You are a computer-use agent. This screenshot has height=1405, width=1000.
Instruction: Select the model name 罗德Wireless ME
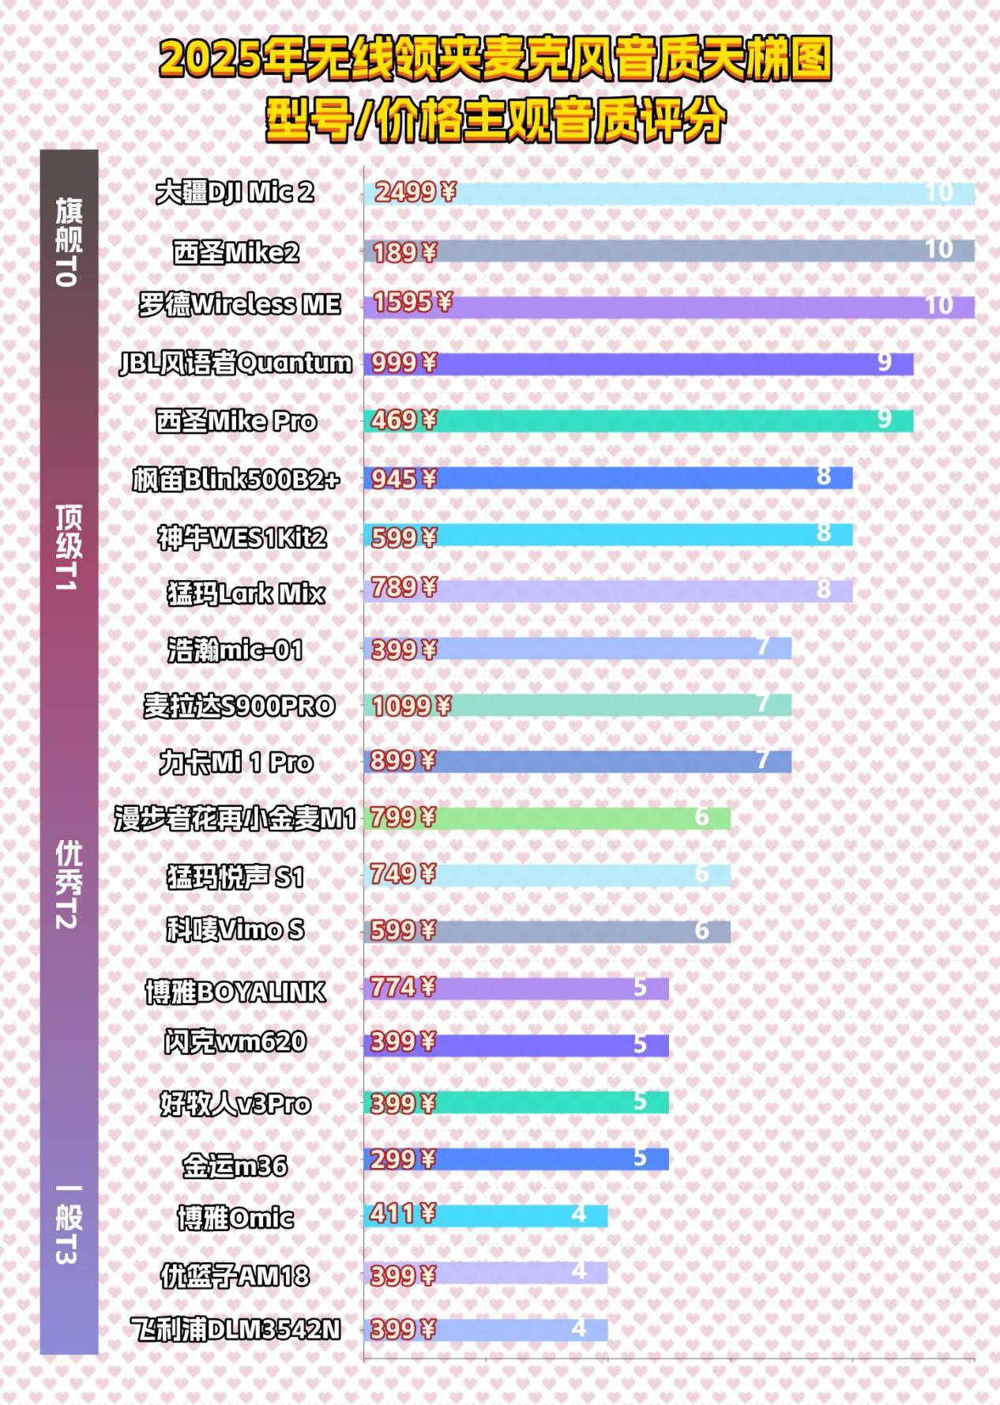(239, 305)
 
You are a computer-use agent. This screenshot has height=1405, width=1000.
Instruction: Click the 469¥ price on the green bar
(404, 420)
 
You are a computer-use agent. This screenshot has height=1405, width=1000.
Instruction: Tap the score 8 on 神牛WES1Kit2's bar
(823, 533)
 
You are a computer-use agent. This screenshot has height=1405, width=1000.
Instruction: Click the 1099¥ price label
(411, 706)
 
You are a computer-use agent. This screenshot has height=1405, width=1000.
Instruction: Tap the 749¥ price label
(404, 874)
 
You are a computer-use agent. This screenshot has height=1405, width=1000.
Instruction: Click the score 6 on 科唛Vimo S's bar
(701, 931)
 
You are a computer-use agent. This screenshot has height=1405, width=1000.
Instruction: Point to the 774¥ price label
(404, 988)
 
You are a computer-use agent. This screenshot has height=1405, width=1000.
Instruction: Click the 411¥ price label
(403, 1213)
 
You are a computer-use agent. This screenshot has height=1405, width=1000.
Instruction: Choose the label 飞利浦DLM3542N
(236, 1330)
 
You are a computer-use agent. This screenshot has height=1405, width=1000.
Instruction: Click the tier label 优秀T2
(69, 885)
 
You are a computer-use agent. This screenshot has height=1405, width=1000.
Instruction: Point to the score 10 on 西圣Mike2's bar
(938, 250)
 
